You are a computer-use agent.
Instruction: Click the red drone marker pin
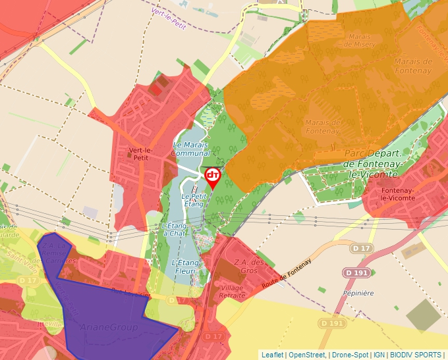(x=213, y=176)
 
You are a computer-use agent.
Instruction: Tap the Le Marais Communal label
(x=190, y=149)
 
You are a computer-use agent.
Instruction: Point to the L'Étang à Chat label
(x=175, y=229)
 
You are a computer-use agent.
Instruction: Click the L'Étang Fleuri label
(x=185, y=267)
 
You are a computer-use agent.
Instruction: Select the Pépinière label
(x=358, y=293)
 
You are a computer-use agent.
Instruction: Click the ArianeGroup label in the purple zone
(x=109, y=327)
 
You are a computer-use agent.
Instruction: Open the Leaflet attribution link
(x=272, y=355)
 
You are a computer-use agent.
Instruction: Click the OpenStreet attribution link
(x=306, y=355)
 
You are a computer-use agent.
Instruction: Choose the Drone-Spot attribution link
(x=349, y=355)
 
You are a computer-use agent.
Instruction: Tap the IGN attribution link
(x=379, y=355)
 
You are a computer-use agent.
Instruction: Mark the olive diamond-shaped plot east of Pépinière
(x=424, y=317)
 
